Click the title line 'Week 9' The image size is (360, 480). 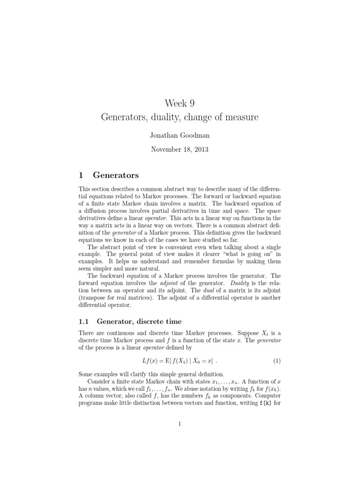(180, 104)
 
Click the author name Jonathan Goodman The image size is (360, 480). (180, 135)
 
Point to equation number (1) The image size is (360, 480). (277, 361)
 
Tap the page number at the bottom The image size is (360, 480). (180, 424)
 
